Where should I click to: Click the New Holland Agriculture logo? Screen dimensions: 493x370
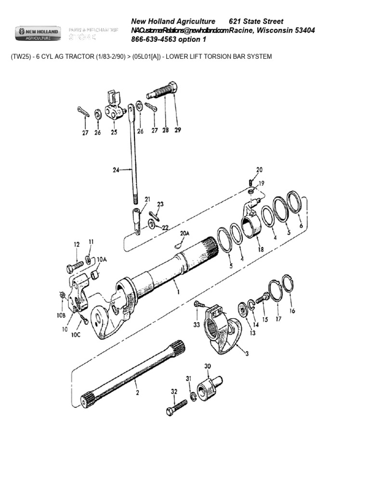[x=39, y=33]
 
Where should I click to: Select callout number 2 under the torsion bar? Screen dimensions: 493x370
[x=136, y=393]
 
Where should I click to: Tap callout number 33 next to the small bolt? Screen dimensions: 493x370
[x=197, y=325]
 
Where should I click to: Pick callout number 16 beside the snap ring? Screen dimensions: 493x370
[x=292, y=311]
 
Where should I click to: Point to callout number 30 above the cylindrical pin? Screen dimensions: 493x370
[x=208, y=366]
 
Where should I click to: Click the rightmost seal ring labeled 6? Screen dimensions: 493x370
[x=294, y=201]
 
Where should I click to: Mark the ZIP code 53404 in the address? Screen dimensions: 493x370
[x=302, y=30]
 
